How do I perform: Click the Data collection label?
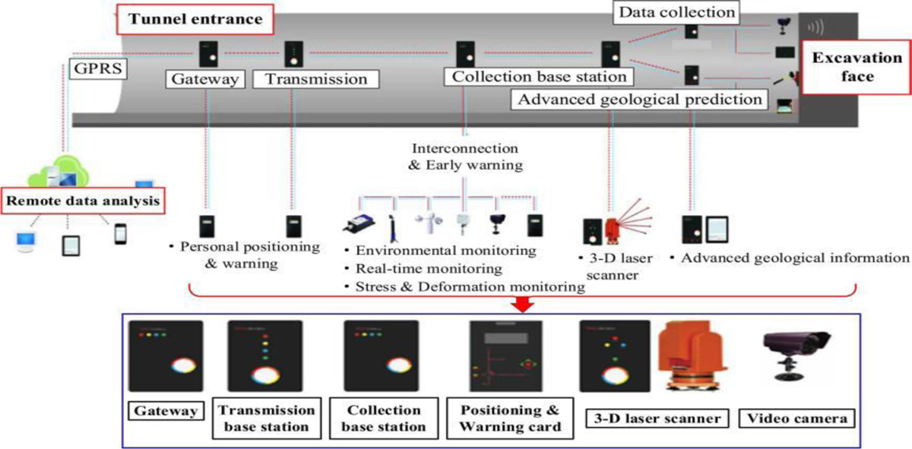point(676,12)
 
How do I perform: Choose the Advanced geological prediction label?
point(638,99)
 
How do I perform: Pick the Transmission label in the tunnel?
point(309,78)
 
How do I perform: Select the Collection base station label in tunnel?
point(540,77)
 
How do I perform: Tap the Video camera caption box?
point(796,417)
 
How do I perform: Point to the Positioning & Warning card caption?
point(510,418)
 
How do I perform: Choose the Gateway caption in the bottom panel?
point(166,411)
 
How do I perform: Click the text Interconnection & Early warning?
point(464,156)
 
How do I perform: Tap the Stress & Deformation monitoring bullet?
point(464,286)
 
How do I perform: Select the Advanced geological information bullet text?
point(790,258)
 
